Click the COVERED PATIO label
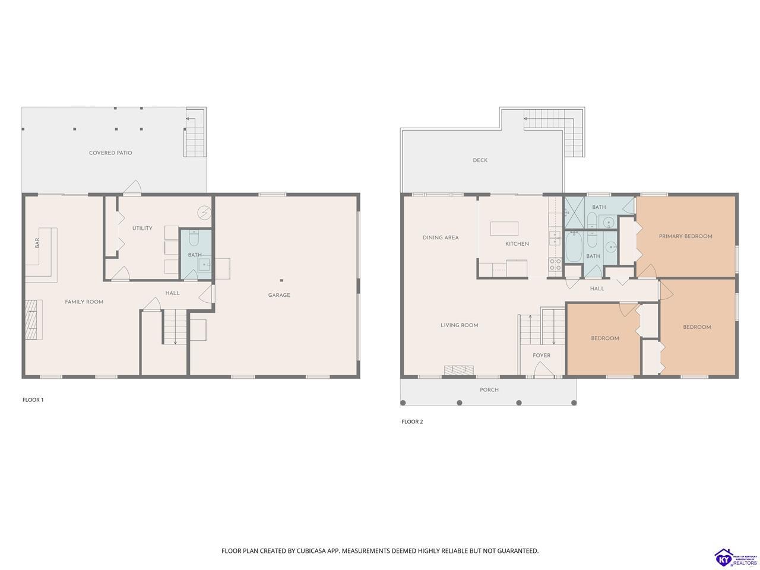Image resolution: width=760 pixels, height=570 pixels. coord(110,153)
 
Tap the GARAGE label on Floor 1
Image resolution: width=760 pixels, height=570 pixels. coord(278,295)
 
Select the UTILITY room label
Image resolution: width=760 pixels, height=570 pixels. coord(142,228)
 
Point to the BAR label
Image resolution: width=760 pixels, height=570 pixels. coord(37,243)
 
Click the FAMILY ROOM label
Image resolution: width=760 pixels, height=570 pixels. coord(84,302)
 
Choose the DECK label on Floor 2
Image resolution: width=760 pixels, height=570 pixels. coord(480,160)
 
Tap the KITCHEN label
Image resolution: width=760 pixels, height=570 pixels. coord(517,244)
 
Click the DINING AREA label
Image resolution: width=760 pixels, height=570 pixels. coord(441,237)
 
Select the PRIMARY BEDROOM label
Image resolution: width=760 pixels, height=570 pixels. coord(685,236)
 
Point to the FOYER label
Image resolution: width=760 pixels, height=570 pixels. coord(541,356)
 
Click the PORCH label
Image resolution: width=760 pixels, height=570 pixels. coord(489,389)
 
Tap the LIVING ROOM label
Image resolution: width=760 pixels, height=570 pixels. coord(459,325)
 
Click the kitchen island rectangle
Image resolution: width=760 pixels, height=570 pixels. coord(504,229)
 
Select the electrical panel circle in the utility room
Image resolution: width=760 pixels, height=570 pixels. coord(204,213)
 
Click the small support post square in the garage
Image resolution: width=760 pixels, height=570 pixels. coord(281,280)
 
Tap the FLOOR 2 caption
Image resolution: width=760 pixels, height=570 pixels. coord(412,422)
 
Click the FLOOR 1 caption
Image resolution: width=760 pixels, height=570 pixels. coord(33,400)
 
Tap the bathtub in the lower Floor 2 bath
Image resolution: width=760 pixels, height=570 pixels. coord(574,247)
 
